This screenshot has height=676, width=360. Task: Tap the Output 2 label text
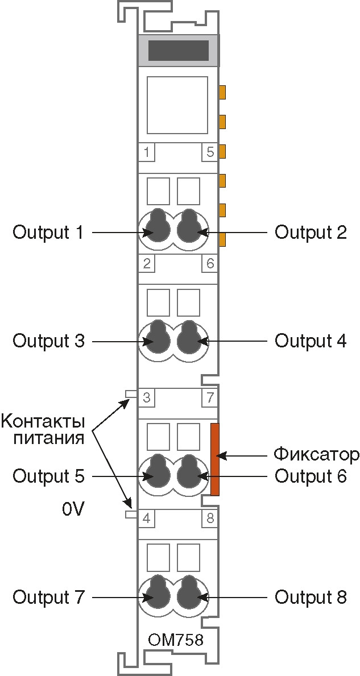(311, 233)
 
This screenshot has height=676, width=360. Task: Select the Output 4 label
(311, 341)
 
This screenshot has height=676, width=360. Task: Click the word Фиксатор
(316, 455)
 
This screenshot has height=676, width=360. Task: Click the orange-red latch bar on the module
(215, 459)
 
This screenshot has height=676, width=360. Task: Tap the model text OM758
(176, 640)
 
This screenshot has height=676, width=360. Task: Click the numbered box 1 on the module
(147, 152)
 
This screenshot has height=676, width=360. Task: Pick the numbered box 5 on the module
(210, 152)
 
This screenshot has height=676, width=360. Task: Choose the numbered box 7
(210, 397)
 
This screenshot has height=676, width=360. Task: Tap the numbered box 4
(147, 519)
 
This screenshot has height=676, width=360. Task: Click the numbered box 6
(210, 264)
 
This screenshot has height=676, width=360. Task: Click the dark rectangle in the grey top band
(178, 51)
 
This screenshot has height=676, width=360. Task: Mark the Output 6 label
(311, 476)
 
